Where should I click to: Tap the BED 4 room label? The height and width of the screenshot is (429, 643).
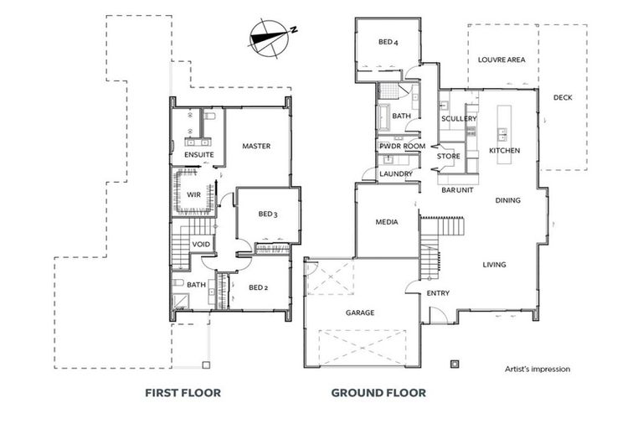point(387,42)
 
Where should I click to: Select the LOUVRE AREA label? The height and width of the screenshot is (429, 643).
point(501,60)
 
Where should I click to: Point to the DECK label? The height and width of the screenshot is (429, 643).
point(563,97)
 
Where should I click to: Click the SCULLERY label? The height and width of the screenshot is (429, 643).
point(459,119)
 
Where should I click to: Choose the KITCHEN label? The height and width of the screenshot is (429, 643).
point(504,150)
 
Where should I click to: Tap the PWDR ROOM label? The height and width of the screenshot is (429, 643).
point(402,146)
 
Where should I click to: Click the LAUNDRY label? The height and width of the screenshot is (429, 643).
point(395,173)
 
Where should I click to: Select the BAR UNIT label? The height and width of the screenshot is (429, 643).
point(458,190)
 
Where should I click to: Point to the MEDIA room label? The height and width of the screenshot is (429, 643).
point(386,222)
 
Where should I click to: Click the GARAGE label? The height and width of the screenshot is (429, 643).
point(359,313)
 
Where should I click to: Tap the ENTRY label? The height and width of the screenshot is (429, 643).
point(438,293)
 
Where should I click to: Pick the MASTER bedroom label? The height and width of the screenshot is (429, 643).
point(255,147)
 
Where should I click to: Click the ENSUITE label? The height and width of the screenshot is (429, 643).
point(198,155)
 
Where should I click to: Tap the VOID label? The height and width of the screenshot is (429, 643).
point(201,245)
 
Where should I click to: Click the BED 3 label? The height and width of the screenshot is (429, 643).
point(267,214)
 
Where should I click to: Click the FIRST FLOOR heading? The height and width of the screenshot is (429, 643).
point(183,392)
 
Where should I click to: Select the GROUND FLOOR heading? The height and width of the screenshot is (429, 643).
point(378,392)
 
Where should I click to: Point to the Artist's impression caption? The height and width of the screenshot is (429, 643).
point(538,369)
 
